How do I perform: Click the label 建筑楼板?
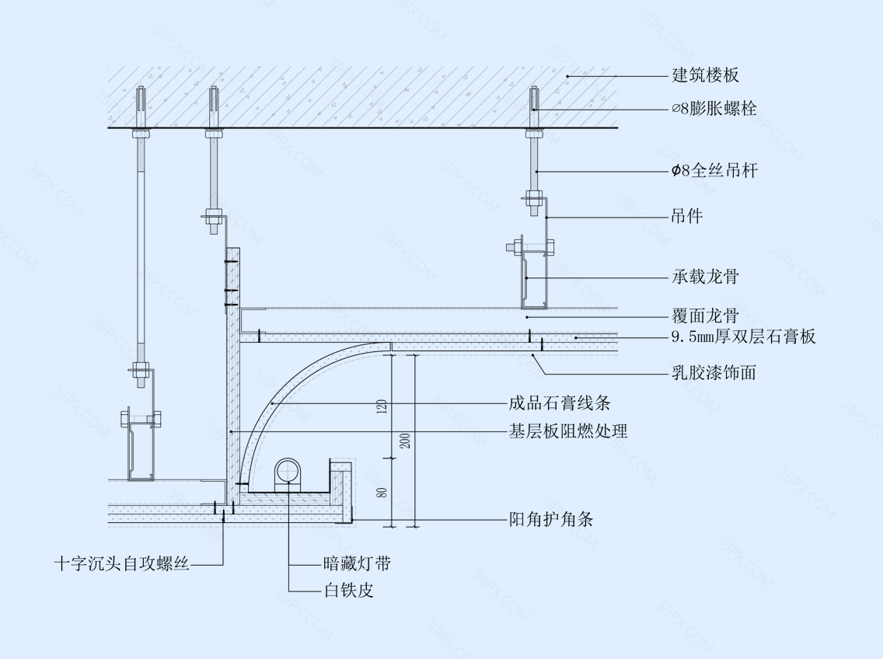click(x=705, y=75)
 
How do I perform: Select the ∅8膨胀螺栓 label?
click(x=714, y=109)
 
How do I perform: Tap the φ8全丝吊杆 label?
click(x=714, y=171)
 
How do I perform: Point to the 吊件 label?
click(x=687, y=216)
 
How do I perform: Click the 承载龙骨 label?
click(x=705, y=277)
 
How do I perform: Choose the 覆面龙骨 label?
click(x=705, y=316)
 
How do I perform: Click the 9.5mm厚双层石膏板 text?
click(x=743, y=336)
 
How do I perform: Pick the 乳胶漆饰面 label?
click(x=714, y=373)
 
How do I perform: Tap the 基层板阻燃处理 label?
click(x=568, y=431)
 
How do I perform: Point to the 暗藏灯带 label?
click(x=357, y=563)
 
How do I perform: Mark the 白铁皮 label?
click(x=348, y=591)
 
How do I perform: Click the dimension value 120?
click(x=382, y=406)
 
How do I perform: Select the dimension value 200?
click(x=405, y=441)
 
